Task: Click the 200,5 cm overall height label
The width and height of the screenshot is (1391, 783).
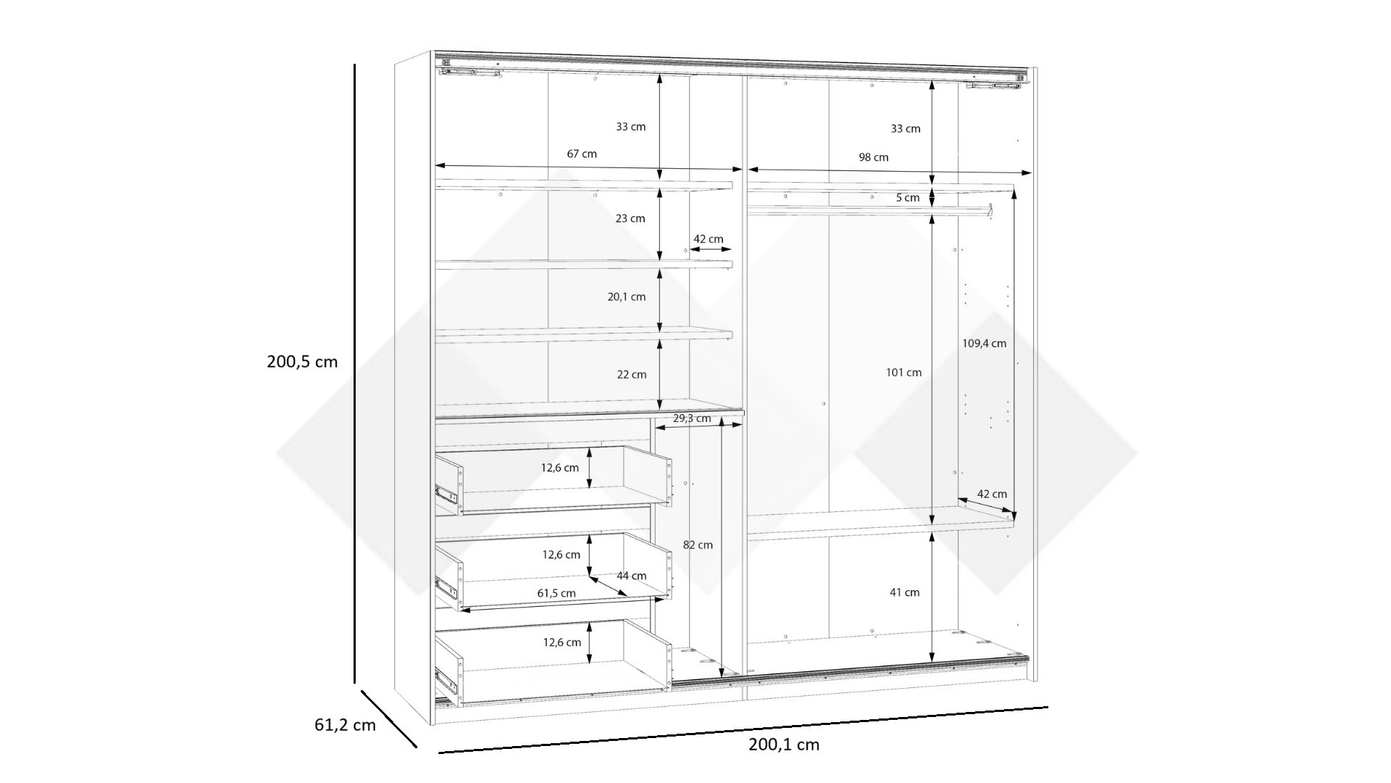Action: click(x=302, y=362)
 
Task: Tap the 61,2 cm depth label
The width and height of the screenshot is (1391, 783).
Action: click(x=345, y=724)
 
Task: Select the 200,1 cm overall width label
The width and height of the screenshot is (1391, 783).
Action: click(x=784, y=745)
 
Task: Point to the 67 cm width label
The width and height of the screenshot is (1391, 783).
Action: click(x=582, y=154)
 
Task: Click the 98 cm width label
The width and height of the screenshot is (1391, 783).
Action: click(x=874, y=157)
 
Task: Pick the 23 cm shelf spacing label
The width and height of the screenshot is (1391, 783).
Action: click(x=630, y=218)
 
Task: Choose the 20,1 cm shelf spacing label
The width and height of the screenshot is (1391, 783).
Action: click(x=627, y=297)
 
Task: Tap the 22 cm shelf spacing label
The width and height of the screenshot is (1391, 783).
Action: click(x=631, y=375)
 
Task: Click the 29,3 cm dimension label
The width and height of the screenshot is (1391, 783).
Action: click(x=693, y=418)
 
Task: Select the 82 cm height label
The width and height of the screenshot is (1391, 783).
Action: click(x=698, y=545)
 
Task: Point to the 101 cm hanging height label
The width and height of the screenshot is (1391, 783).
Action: click(x=903, y=373)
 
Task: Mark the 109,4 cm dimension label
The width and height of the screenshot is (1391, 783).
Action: click(x=984, y=344)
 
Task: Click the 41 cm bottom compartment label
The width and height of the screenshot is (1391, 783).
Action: click(x=904, y=592)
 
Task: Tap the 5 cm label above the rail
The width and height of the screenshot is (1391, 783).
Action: click(x=908, y=198)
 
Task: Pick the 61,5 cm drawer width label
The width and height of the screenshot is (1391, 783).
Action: click(x=556, y=593)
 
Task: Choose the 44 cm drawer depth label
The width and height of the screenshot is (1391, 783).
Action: click(x=632, y=576)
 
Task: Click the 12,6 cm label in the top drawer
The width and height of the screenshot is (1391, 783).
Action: click(x=560, y=468)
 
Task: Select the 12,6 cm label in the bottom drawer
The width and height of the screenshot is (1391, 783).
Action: click(x=561, y=642)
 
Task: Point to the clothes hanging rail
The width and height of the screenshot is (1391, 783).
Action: click(x=869, y=210)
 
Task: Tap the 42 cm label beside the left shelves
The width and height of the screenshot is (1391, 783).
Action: click(x=708, y=239)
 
